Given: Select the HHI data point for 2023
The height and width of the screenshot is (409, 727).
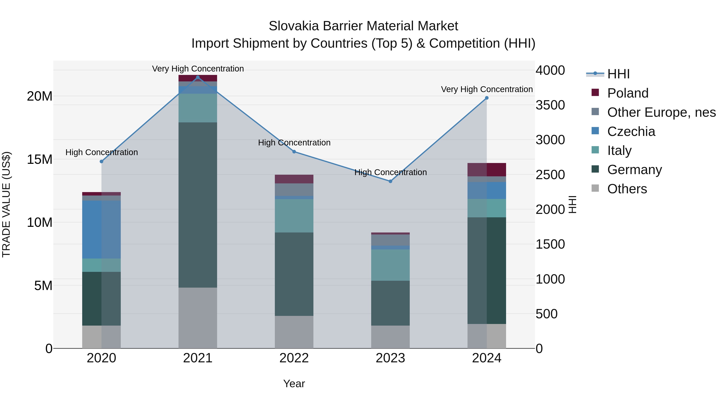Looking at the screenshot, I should pos(390,181).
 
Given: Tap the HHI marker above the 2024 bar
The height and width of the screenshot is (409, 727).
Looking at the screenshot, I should pos(486,98).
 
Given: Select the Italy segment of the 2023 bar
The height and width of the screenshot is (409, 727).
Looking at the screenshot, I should pos(390,265).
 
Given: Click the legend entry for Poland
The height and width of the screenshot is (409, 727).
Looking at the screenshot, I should pos(628,93).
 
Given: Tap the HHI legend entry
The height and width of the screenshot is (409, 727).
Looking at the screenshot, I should pos(618,74).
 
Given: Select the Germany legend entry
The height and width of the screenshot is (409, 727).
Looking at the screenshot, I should pos(634,170).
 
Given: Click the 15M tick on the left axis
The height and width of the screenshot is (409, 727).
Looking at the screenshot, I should pos(40,160).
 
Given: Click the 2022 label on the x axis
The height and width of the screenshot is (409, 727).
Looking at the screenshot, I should pos(294,358).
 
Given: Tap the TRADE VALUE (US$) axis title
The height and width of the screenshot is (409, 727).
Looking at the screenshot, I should pos(6,204).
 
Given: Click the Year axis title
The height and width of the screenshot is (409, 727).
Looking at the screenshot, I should pos(294,384).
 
